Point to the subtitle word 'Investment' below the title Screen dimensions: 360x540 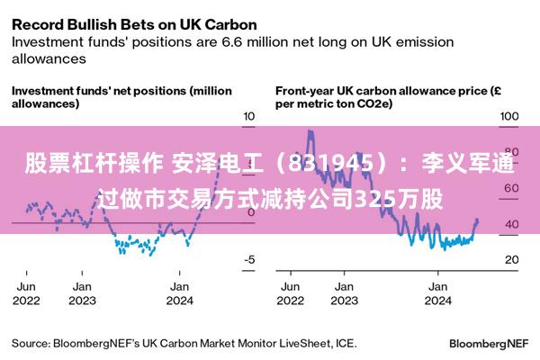[x=50, y=41]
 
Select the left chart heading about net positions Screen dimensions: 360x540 [x=121, y=97]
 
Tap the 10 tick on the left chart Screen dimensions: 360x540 [x=249, y=117]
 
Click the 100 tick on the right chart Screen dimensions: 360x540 [x=509, y=117]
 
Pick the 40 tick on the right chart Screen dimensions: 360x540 [x=509, y=224]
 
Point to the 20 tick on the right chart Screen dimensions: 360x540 [x=509, y=260]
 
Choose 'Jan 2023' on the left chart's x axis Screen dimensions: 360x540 [x=82, y=292]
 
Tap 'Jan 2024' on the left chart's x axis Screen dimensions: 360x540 [x=179, y=292]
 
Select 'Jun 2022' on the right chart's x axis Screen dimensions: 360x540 [x=290, y=292]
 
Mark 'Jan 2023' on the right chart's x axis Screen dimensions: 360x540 [x=343, y=292]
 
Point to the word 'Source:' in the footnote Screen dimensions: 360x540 [x=31, y=343]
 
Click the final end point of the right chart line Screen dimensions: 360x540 [x=477, y=221]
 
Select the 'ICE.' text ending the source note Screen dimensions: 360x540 [x=346, y=343]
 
